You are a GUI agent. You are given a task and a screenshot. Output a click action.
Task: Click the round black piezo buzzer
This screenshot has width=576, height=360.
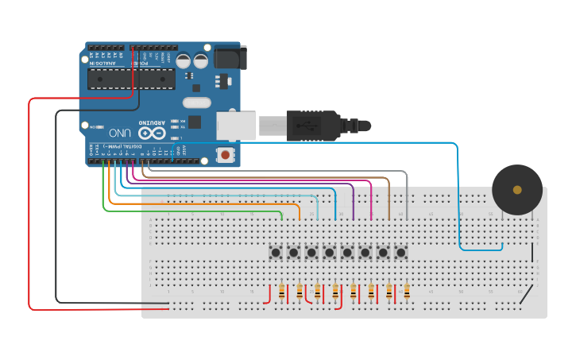pos(517,190)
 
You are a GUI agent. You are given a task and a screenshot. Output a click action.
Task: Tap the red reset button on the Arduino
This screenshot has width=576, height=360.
pos(226,155)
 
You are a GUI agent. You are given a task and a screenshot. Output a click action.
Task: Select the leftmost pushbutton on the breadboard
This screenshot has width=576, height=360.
pos(276,253)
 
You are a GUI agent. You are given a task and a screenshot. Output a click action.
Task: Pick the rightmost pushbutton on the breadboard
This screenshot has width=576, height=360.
pos(401,253)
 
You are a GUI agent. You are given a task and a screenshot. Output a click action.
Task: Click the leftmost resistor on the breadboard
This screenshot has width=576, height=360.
pos(282,292)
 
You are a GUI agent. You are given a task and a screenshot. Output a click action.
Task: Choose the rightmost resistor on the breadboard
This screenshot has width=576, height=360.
pos(407,292)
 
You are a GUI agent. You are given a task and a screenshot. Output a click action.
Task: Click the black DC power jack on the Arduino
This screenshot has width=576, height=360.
pos(229,57)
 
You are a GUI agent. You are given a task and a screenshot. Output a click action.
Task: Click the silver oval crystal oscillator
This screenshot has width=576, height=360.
pos(195,102)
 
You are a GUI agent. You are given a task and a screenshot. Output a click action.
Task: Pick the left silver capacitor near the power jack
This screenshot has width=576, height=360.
pos(184,60)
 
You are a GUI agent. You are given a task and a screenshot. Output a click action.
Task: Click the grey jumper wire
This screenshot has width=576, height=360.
pos(278,170)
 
